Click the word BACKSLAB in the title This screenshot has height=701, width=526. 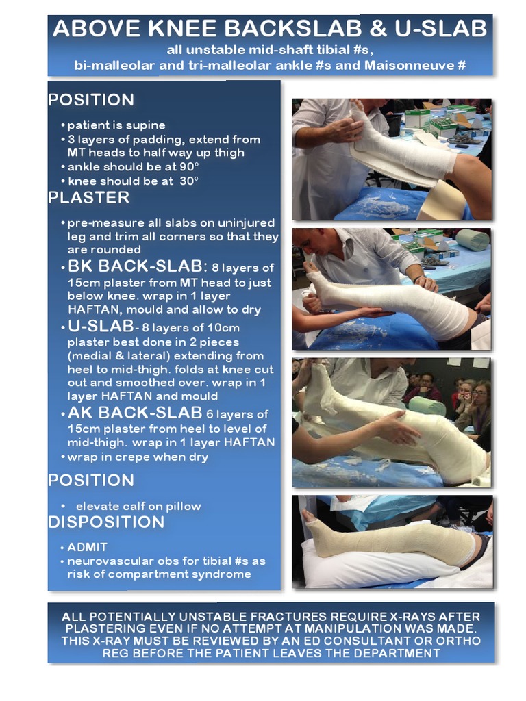click(x=278, y=29)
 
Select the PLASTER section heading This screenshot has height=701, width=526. click(x=88, y=198)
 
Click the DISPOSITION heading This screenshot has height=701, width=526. click(x=106, y=522)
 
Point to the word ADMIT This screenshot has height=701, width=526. click(x=87, y=548)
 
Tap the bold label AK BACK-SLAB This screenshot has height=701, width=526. click(x=134, y=413)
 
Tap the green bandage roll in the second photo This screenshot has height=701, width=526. click(x=473, y=239)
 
